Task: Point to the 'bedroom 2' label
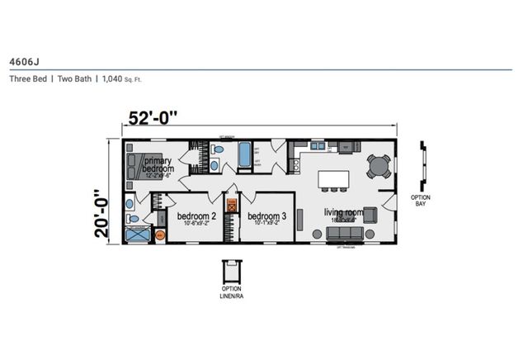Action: tap(196, 217)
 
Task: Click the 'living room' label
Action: tap(341, 212)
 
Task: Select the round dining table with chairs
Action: tap(379, 166)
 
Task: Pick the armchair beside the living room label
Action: tap(370, 215)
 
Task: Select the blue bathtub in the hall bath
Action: tap(246, 154)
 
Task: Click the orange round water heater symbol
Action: tap(161, 234)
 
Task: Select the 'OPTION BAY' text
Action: tap(421, 201)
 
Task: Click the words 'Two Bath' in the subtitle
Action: tap(74, 79)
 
